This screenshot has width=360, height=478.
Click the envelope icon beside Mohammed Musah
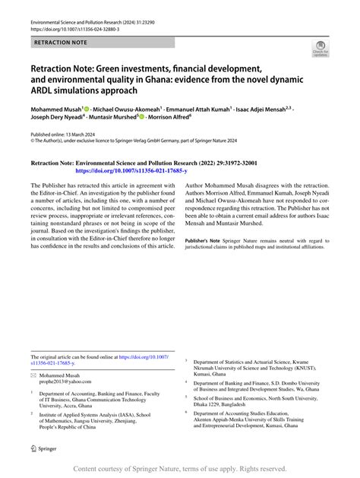coord(33,375)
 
